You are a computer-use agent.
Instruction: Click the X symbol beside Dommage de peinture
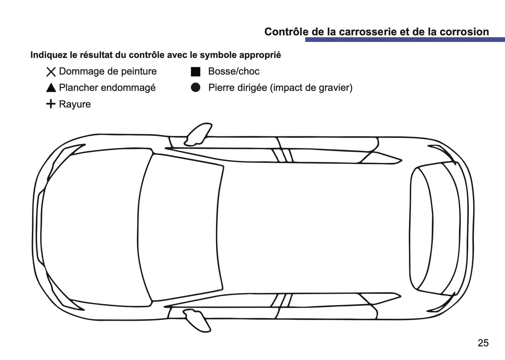51,72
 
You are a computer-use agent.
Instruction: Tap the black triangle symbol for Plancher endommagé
51,88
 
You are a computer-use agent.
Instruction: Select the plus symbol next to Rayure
51,104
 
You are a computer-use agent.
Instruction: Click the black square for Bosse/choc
195,72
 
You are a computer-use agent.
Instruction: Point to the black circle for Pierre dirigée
195,88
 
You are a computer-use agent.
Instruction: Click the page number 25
483,343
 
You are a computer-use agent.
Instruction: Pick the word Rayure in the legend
75,104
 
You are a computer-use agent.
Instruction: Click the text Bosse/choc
234,71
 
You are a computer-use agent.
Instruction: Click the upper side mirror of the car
198,134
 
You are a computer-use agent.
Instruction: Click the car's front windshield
182,227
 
